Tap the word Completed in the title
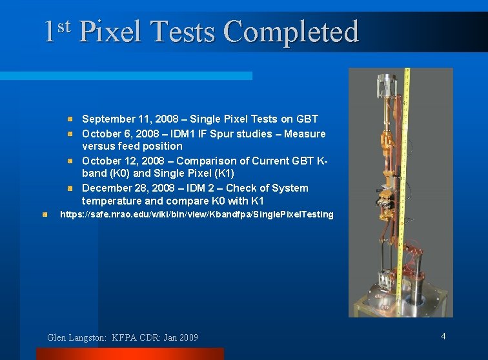click(x=290, y=32)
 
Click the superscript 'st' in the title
click(x=63, y=26)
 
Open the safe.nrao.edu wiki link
click(x=196, y=214)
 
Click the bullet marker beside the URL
click(x=45, y=214)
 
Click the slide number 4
click(x=443, y=336)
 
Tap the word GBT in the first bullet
click(x=307, y=119)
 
